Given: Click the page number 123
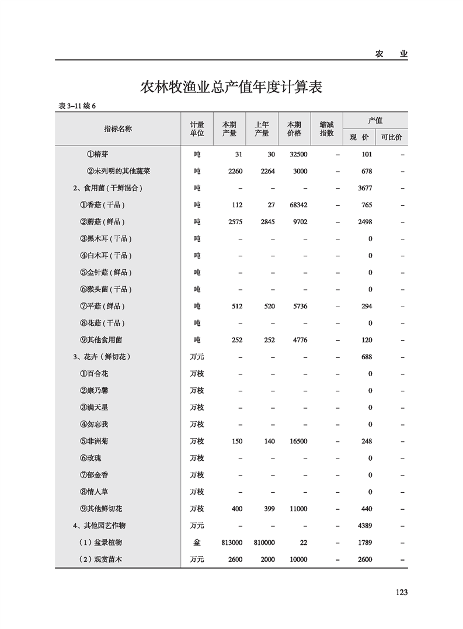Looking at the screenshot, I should tap(401, 592).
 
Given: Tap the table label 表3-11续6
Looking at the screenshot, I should tap(76, 106).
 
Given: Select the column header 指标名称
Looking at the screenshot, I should tap(118, 128).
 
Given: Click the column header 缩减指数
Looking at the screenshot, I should tap(326, 128).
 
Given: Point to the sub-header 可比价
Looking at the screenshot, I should tap(391, 137).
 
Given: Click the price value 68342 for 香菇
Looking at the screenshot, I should tap(298, 205).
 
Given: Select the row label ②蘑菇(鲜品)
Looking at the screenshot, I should tap(102, 222).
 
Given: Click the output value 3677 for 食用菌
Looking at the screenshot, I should tap(365, 188).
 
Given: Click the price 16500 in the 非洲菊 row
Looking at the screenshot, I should tap(298, 442).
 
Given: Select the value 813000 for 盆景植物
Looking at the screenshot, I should tap(232, 543).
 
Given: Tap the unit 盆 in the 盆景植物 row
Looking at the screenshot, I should tap(197, 543).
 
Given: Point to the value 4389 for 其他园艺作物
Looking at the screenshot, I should tap(365, 526).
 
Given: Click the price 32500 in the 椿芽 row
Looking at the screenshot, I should tap(298, 155).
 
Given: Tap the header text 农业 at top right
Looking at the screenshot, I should tap(391, 54).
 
